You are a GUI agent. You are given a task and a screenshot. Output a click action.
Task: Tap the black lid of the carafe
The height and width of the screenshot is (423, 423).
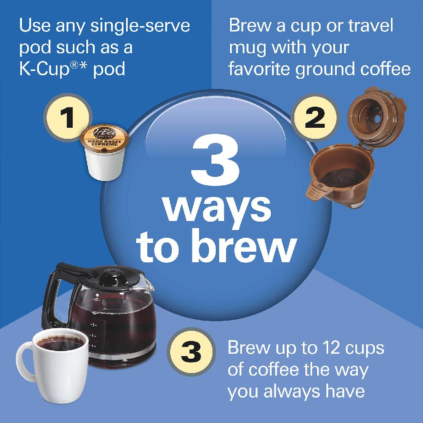coord(106,275)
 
